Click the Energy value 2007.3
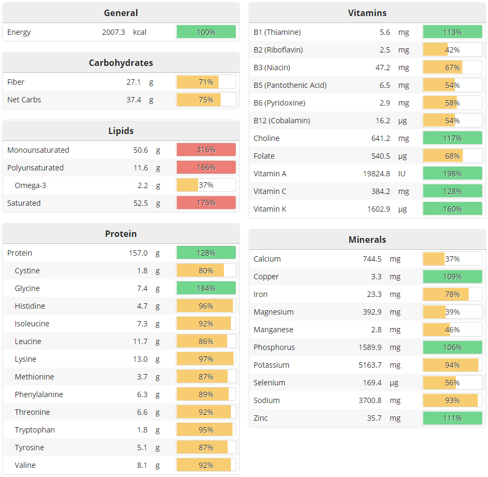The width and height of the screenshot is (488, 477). pos(113,32)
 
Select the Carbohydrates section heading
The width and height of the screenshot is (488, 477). pos(121,63)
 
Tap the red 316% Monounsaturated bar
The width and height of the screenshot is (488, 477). pos(206,150)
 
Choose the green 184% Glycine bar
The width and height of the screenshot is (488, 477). pos(206,288)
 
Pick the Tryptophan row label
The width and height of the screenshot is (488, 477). pos(35,430)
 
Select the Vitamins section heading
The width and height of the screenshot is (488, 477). pos(367,13)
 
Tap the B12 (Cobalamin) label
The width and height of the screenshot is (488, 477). pos(282,121)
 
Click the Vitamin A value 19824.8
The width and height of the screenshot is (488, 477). pos(377,174)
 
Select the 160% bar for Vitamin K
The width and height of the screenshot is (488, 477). pos(452,209)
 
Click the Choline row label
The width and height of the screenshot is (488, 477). pos(266,138)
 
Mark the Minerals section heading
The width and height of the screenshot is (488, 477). pos(367,240)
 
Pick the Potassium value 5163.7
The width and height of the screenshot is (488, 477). pos(378,365)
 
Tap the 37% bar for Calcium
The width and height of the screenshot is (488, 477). pos(452,259)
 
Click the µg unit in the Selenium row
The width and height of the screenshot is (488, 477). pos(403,383)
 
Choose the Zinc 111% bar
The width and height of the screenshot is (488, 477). pos(452,418)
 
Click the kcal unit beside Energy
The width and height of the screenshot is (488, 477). pos(140,32)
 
